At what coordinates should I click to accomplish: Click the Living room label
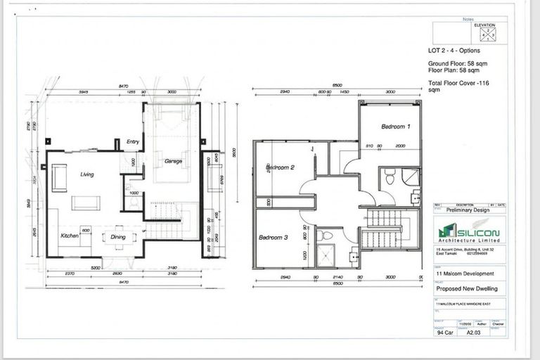pyautogui.click(x=88, y=174)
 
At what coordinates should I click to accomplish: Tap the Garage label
pyautogui.click(x=174, y=162)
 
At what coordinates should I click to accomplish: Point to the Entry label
pyautogui.click(x=132, y=142)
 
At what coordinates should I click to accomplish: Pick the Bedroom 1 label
pyautogui.click(x=395, y=127)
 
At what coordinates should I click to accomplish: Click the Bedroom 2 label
pyautogui.click(x=279, y=167)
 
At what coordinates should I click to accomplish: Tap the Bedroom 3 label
pyautogui.click(x=274, y=238)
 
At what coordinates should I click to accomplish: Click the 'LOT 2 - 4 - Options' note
pyautogui.click(x=456, y=51)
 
